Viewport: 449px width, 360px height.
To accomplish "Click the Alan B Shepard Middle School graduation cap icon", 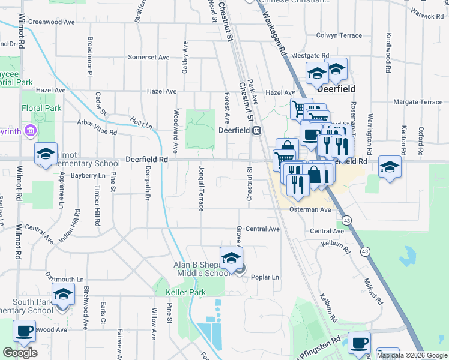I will (231, 257).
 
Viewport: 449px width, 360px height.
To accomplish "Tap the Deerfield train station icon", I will (256, 130).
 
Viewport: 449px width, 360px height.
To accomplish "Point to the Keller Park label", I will (185, 292).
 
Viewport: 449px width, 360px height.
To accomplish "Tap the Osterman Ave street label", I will (310, 210).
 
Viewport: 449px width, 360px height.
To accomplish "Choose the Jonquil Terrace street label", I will (201, 188).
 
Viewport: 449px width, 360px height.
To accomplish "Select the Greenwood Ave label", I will (51, 22).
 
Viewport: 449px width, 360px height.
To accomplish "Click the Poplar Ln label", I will (267, 277).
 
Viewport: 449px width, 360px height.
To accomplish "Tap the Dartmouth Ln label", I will (64, 280).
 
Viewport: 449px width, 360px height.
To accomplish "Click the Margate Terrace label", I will (417, 102).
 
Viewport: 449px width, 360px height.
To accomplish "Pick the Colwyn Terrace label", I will (343, 35).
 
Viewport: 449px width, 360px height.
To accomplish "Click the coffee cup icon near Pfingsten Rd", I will (360, 343).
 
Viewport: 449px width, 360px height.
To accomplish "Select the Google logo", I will (20, 352).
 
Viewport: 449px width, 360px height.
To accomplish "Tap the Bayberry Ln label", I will (88, 176).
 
